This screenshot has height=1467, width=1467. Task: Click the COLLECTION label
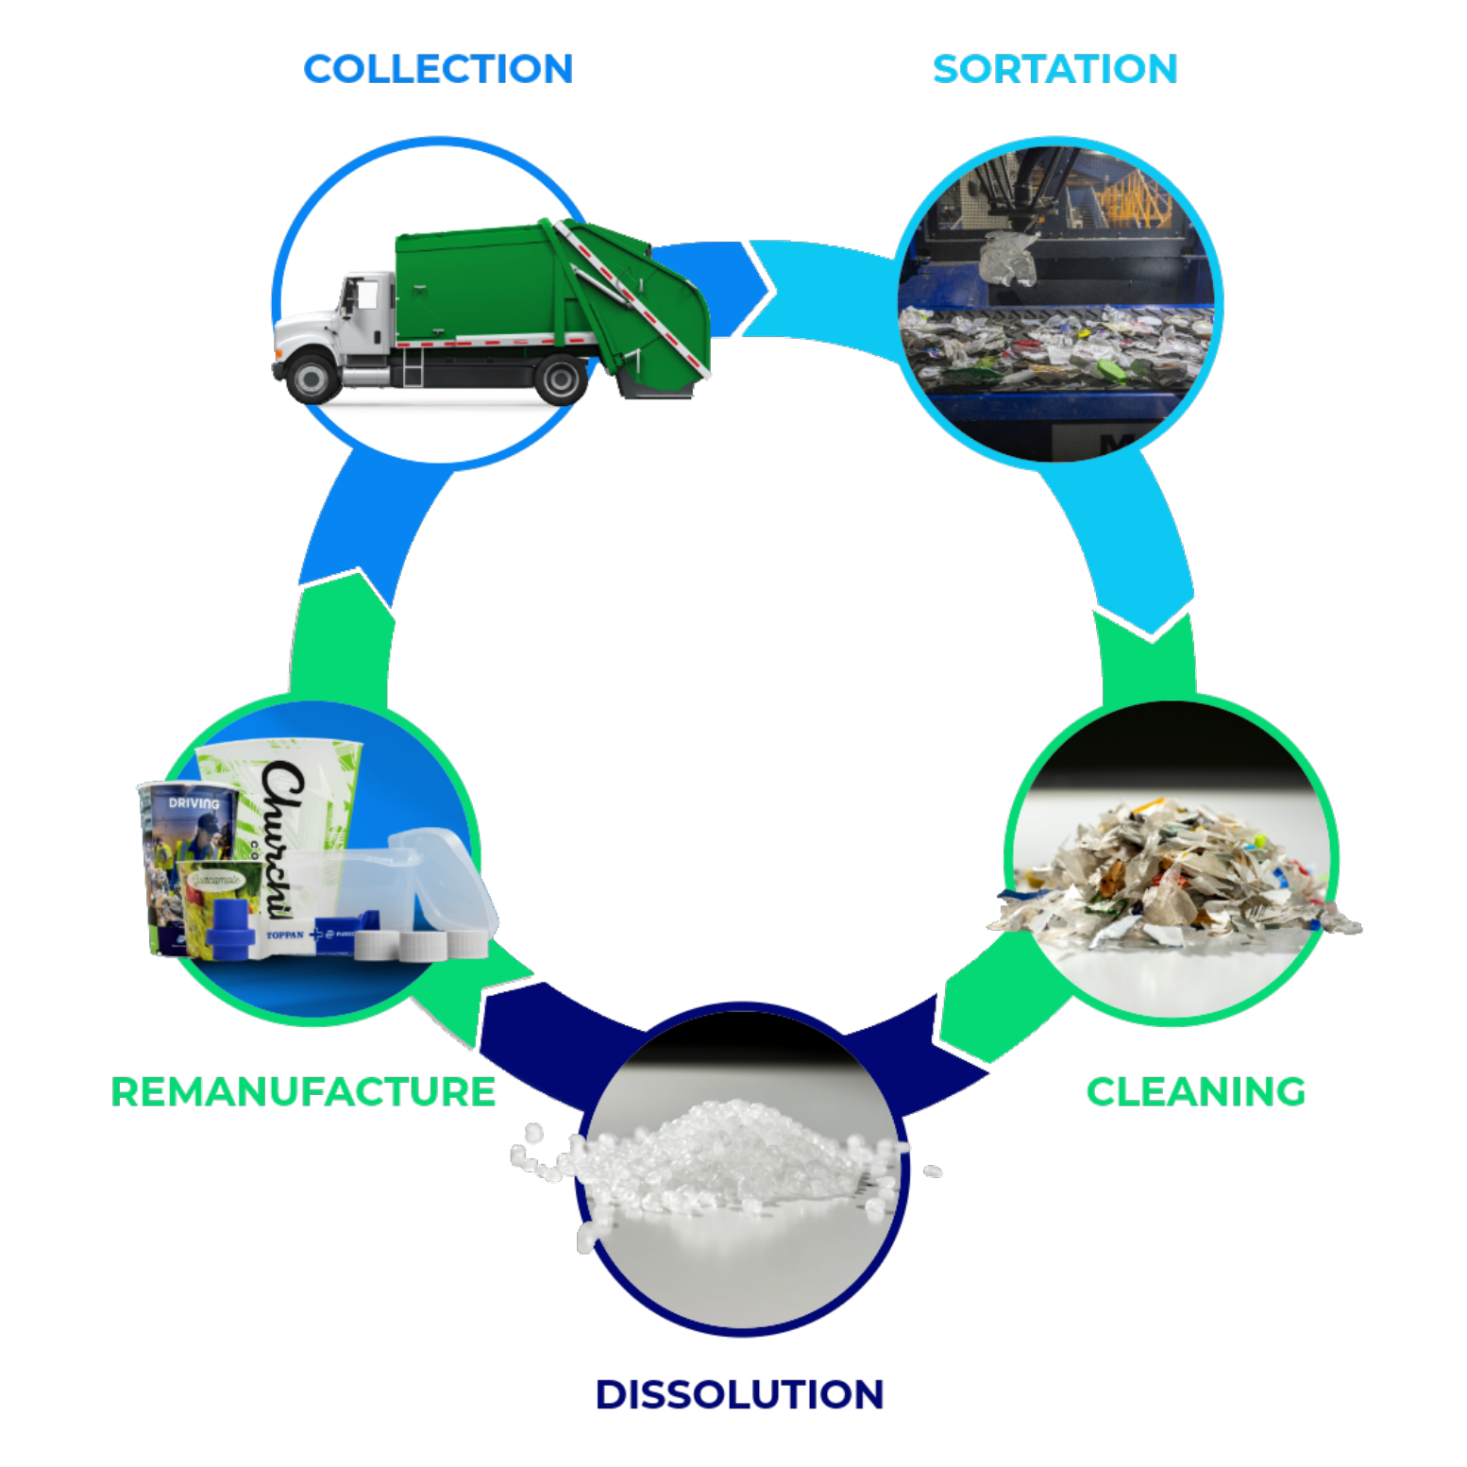pos(438,69)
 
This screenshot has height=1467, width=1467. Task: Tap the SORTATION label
pos(1054,69)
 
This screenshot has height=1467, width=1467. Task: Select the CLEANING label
pos(1196,1091)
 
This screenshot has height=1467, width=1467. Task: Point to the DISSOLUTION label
pos(739,1394)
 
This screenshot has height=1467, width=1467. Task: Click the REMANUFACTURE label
pos(303,1091)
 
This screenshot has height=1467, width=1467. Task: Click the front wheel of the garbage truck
pos(312,378)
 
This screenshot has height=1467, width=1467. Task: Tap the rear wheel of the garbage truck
pos(561,379)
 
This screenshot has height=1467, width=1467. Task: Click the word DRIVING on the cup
pos(194,803)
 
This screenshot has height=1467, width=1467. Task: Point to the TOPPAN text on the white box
pos(285,935)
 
